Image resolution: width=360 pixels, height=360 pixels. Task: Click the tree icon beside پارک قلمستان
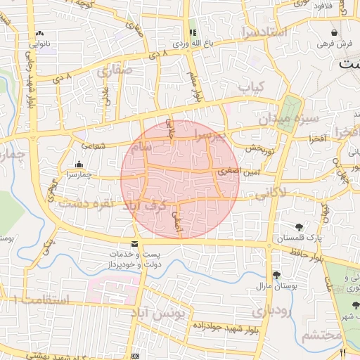coord(300,227)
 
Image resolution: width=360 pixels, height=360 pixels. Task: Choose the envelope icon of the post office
coord(135,244)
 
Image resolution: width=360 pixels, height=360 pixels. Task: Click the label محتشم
coord(322,336)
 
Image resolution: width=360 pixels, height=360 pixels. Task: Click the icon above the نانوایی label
coord(39,33)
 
